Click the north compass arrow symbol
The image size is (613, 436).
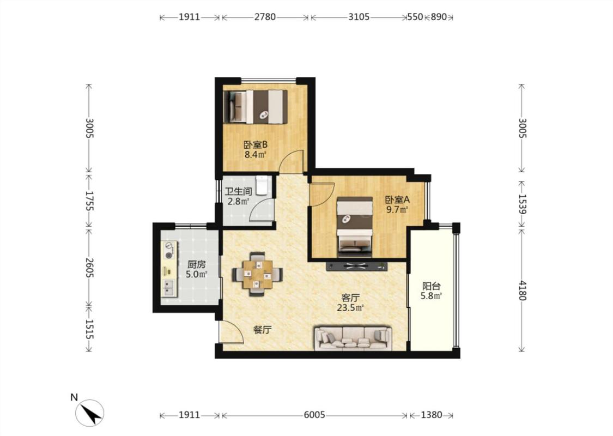90,413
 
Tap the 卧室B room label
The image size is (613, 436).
256,144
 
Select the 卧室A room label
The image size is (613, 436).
397,199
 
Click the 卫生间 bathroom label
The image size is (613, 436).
238,192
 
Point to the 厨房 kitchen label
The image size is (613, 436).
196,264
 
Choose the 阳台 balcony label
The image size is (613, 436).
431,286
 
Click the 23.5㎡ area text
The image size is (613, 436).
350,308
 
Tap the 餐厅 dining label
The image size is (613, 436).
262,330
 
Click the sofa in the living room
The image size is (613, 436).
353,338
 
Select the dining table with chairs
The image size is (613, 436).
257,274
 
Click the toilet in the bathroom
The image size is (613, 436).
262,185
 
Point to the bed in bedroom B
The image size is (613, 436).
256,107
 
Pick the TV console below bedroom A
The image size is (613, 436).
356,267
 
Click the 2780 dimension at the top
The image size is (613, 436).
265,17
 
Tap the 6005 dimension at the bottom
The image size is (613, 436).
314,415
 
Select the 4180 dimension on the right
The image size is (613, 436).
522,290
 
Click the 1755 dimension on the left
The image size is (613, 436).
89,201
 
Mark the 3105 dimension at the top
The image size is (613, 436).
359,17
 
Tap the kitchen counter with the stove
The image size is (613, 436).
169,269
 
